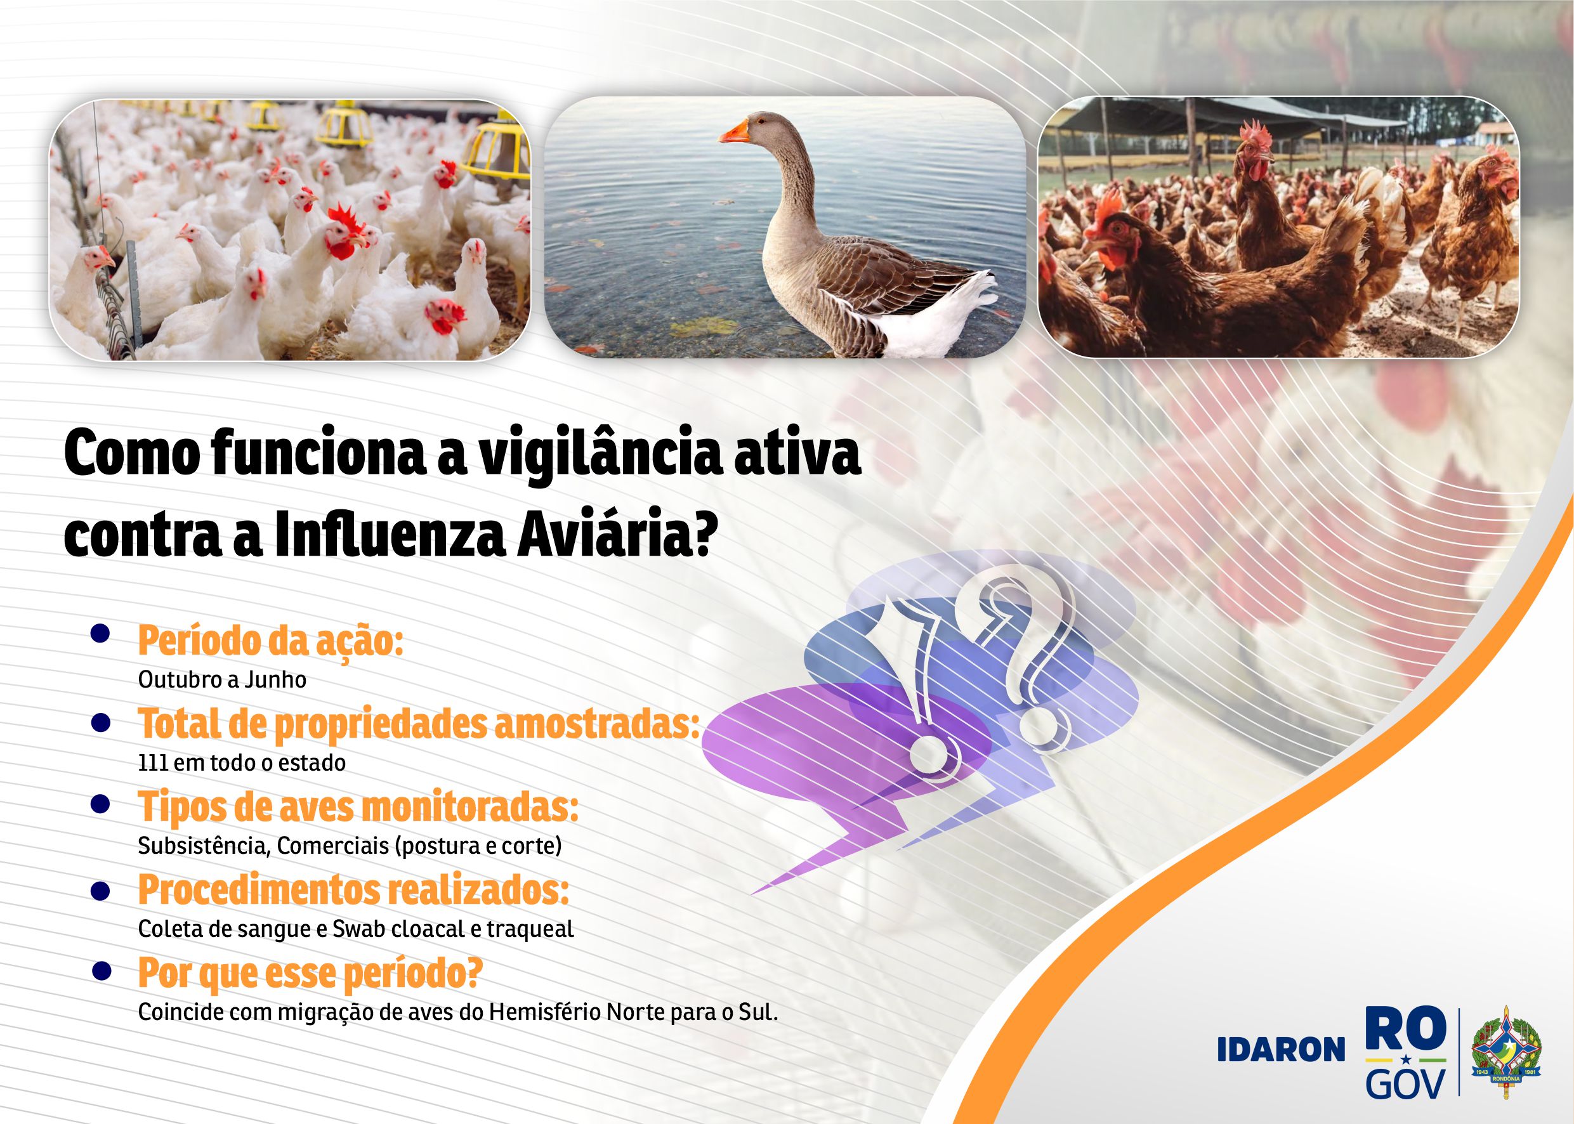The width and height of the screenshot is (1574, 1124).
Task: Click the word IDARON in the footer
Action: click(x=1280, y=1050)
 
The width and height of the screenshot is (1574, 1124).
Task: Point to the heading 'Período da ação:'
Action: click(x=271, y=641)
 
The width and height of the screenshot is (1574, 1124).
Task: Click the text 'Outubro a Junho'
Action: click(x=222, y=679)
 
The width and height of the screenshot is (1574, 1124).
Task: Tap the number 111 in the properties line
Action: click(x=153, y=762)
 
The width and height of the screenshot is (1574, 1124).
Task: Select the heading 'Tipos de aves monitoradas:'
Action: click(x=358, y=807)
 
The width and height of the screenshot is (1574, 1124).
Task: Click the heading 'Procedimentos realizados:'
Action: click(x=353, y=890)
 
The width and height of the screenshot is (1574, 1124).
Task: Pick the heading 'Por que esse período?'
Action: click(x=310, y=974)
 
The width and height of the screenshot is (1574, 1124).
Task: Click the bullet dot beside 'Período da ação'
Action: click(x=101, y=636)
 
